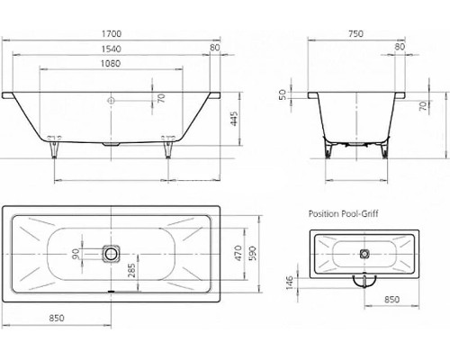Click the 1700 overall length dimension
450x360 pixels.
(112, 33)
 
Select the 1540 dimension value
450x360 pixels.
(112, 49)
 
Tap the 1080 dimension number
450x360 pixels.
(111, 64)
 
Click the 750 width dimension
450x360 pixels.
(355, 33)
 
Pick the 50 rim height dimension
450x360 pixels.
(283, 95)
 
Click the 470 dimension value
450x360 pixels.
(238, 253)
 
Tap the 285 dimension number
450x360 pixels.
(132, 270)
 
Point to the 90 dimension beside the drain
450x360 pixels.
(76, 254)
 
